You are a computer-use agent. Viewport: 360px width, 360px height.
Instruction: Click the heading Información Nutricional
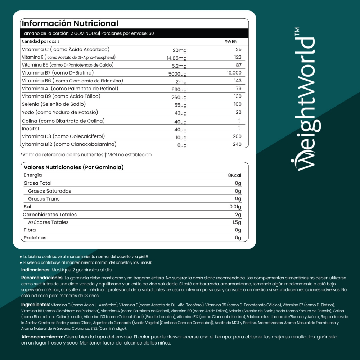coord(70,24)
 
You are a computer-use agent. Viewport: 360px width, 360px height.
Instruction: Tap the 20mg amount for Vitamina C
coord(180,50)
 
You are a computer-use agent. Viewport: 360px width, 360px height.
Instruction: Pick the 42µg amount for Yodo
coord(181,113)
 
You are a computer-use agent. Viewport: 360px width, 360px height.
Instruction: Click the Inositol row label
coord(31,129)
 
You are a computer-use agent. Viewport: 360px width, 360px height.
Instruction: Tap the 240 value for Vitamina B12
coord(237,144)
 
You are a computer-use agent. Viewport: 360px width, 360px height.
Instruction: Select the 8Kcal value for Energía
coord(234,175)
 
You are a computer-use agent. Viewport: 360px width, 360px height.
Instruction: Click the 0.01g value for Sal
coord(235,207)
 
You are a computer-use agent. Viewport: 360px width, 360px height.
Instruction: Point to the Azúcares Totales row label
coord(48,222)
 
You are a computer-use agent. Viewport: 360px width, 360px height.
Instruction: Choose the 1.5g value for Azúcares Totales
coord(237,222)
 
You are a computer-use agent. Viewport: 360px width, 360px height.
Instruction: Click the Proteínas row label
coord(35,238)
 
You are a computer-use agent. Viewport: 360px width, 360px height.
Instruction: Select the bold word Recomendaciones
coord(42,278)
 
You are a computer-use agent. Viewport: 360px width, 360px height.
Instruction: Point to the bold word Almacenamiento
coord(41,337)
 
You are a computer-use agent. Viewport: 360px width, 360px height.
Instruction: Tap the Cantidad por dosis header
coord(41,41)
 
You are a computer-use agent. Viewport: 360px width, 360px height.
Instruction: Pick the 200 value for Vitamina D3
coord(237,136)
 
